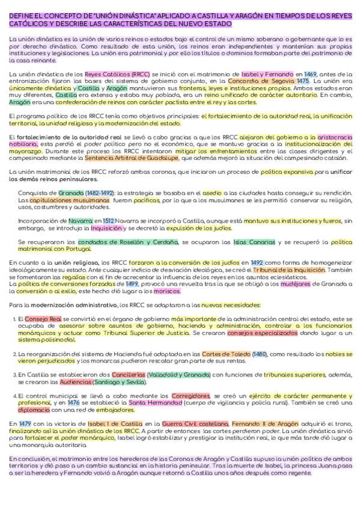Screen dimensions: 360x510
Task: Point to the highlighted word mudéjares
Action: coord(291,284)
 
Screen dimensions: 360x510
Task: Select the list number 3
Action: coord(14,375)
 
